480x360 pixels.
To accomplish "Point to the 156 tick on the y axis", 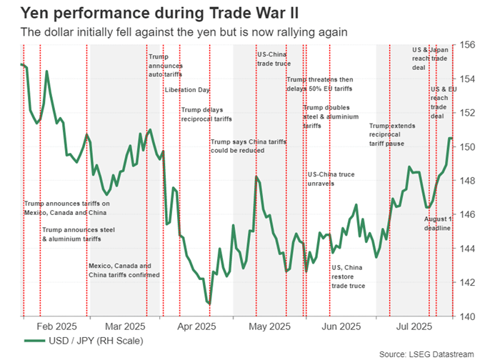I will [x=466, y=44].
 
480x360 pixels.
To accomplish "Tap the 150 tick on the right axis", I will [x=466, y=146].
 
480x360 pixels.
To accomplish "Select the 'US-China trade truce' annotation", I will [x=272, y=59].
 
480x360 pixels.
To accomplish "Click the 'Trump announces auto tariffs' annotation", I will [x=165, y=65].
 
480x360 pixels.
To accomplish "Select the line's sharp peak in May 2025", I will [x=256, y=176].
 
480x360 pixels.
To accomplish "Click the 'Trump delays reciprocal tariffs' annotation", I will [x=206, y=114].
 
